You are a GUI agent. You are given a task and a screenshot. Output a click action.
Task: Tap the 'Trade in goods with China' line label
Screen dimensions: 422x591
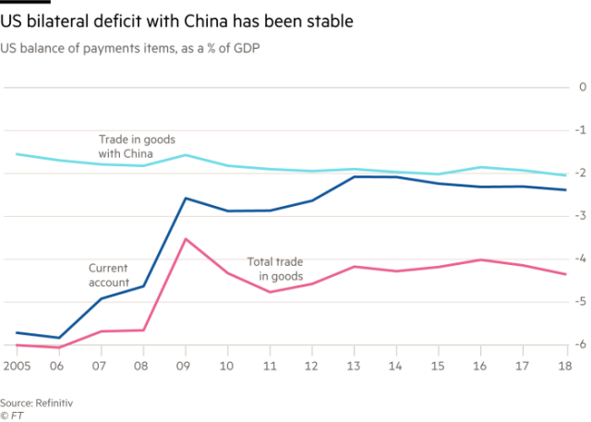[138, 146]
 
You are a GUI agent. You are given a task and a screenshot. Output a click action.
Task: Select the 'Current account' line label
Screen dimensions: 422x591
[109, 274]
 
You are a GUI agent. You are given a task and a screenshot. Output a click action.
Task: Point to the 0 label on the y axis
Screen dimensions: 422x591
[582, 88]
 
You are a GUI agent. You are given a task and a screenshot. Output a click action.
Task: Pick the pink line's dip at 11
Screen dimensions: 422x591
[270, 292]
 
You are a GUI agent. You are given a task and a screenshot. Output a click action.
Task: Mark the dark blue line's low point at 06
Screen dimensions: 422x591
[59, 338]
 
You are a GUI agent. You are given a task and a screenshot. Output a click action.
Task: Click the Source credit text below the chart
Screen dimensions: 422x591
[36, 378]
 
